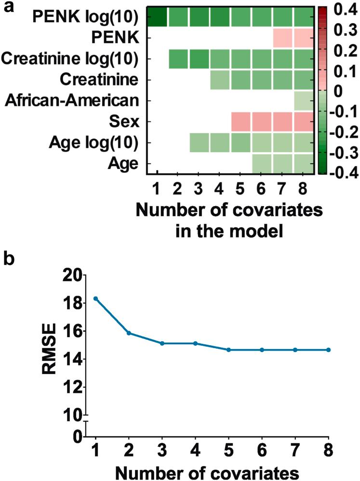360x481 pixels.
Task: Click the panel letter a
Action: pyautogui.click(x=7, y=7)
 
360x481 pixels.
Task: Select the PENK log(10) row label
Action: pyautogui.click(x=85, y=18)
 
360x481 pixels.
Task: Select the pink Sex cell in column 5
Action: pyautogui.click(x=241, y=122)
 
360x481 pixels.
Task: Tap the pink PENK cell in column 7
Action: pyautogui.click(x=283, y=39)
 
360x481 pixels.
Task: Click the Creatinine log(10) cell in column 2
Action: pyautogui.click(x=178, y=59)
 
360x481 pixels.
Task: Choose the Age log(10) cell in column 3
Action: pyautogui.click(x=199, y=143)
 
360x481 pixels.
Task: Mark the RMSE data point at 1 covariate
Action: pyautogui.click(x=96, y=299)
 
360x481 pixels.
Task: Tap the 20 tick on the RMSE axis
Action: pyautogui.click(x=75, y=275)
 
